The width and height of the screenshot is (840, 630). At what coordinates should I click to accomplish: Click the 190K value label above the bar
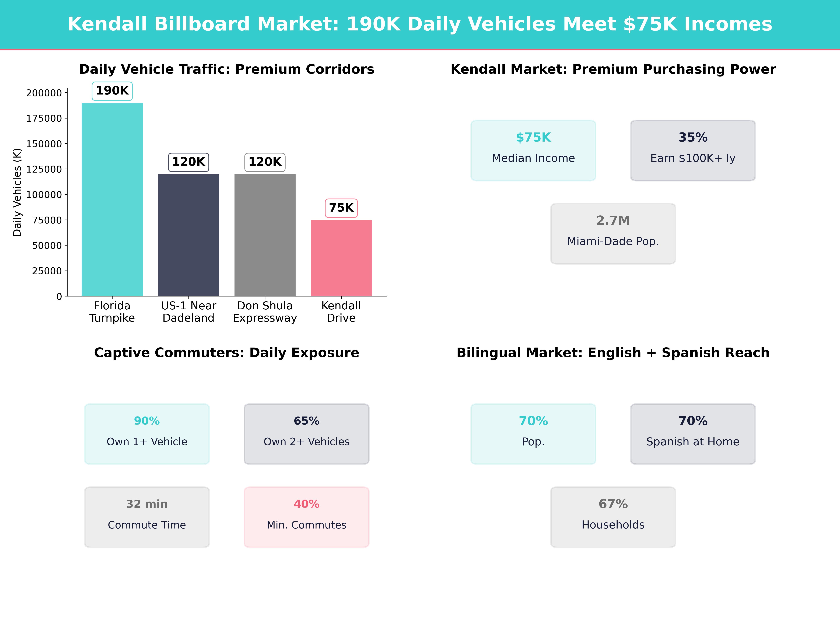coord(112,91)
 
